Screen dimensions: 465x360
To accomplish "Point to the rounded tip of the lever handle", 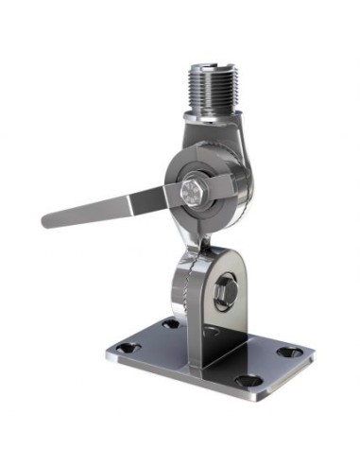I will tap(47, 220).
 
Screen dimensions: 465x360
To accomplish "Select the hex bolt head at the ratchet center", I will tap(190, 195).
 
